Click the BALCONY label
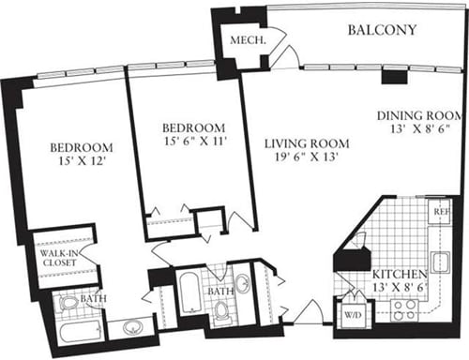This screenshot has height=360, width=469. click(382, 30)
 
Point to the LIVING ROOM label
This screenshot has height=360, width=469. click(306, 143)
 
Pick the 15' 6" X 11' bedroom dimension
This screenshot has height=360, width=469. click(193, 142)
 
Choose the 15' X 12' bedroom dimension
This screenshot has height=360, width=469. click(81, 163)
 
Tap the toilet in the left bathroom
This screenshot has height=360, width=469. click(69, 303)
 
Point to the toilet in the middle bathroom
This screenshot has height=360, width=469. click(222, 310)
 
